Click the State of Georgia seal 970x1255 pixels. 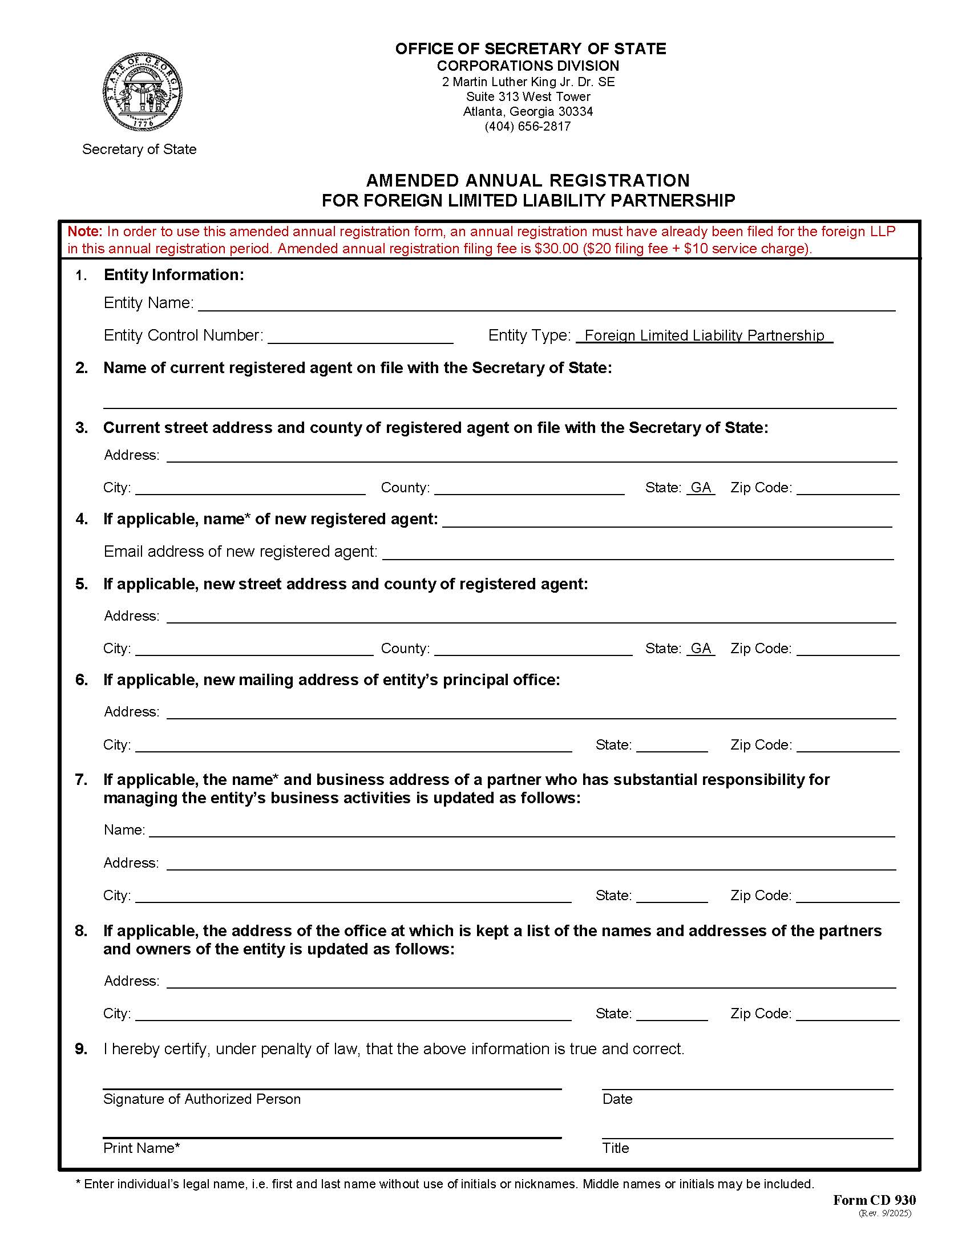pos(143,92)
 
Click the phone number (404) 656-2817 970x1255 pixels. pos(528,127)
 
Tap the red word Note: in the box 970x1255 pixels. pos(85,232)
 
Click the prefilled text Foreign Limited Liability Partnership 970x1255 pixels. pos(704,335)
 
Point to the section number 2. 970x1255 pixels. pos(82,368)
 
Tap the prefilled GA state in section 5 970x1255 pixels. pos(701,648)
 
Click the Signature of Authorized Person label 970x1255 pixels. pos(201,1099)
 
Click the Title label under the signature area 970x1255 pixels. pos(616,1148)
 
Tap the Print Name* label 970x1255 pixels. pos(142,1148)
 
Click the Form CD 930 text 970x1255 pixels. pos(874,1200)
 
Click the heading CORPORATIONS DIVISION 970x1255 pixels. pos(528,66)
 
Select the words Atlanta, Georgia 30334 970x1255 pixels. pos(528,111)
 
